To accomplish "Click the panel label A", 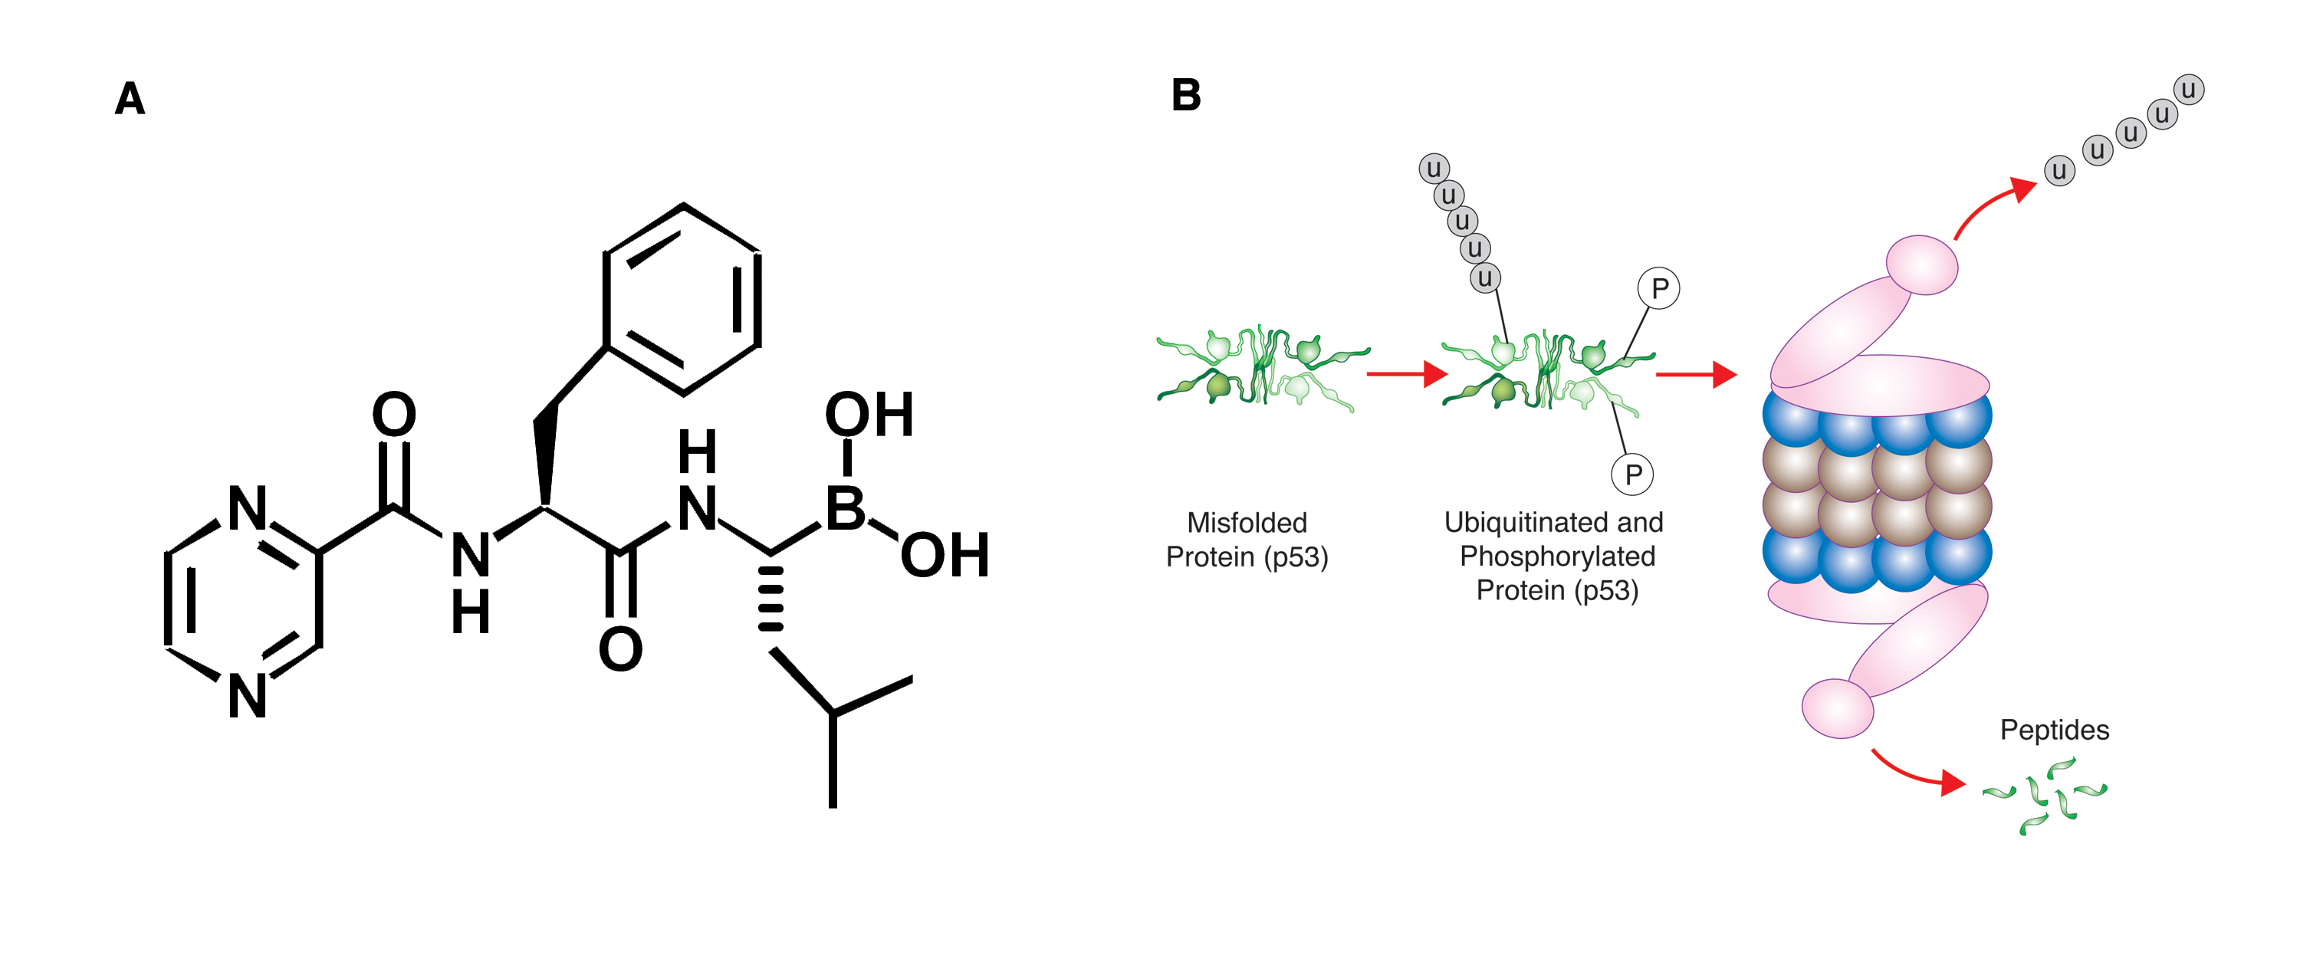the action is point(130,98).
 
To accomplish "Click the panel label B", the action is point(1186,94).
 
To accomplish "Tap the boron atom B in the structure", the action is point(846,509).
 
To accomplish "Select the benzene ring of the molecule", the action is point(682,299).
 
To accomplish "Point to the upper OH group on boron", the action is point(869,415).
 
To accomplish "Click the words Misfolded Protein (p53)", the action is point(1247,540).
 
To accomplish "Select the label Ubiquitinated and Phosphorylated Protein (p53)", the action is point(1555,556).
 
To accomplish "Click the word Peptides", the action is point(2055,730).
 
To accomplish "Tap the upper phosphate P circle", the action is point(1659,288).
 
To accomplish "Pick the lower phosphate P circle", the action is point(1632,474).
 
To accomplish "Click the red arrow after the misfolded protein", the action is point(1406,374).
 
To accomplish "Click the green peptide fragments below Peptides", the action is point(2045,796).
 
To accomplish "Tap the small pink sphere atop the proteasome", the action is point(1921,264).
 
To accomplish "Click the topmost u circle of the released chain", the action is point(2188,89).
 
